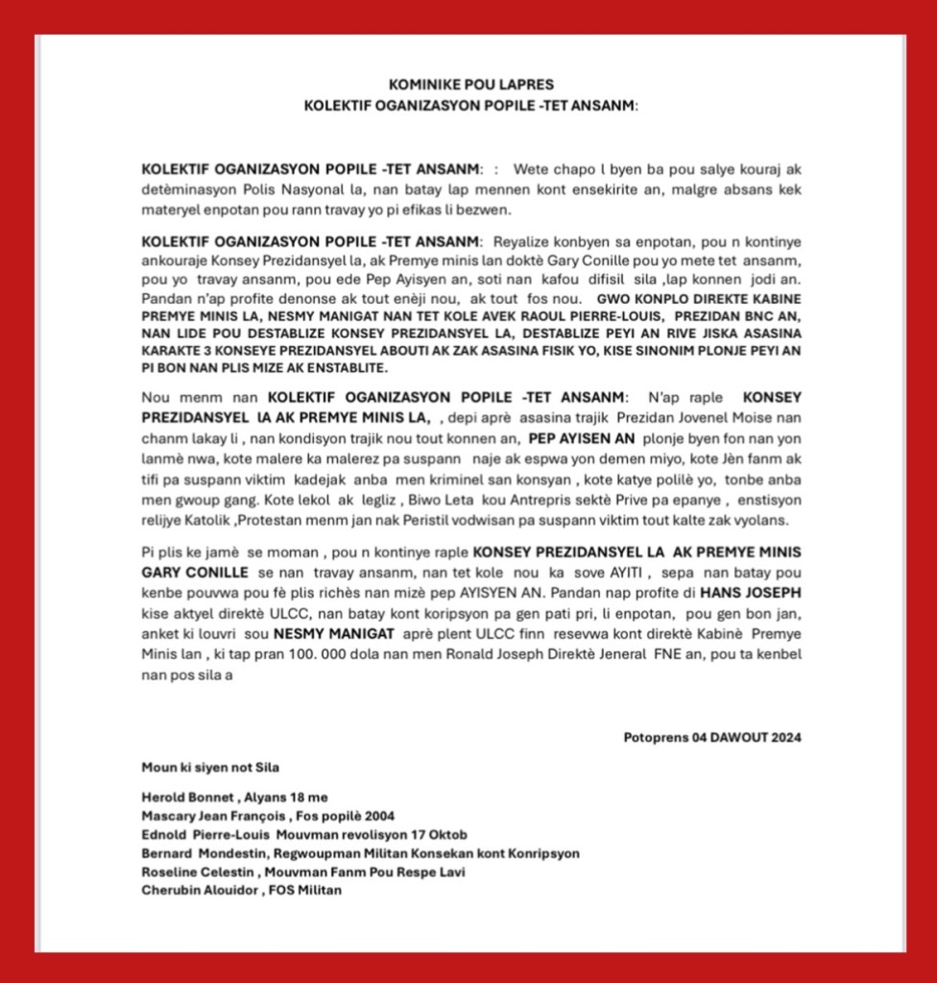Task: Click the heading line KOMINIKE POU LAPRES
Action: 470,85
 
